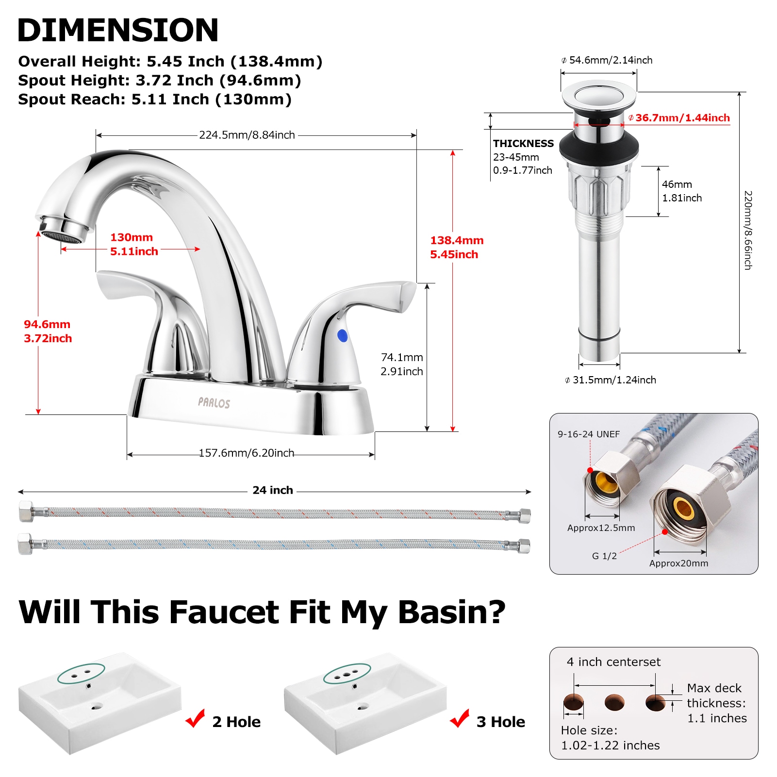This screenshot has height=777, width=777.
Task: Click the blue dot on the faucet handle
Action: coord(342,335)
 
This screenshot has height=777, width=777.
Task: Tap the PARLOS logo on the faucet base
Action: coord(214,402)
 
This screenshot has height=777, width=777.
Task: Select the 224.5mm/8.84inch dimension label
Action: coord(247,135)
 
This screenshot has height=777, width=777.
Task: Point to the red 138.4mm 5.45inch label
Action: coord(456,247)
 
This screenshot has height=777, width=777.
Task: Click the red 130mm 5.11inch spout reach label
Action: coord(134,244)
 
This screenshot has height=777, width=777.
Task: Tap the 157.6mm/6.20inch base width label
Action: coord(247,453)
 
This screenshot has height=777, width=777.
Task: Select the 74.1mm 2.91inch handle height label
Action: coord(402,364)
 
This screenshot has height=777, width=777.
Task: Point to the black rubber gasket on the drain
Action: coord(599,146)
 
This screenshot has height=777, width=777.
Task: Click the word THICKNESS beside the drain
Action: coord(523,144)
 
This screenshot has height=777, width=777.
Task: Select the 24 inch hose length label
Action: coord(273,490)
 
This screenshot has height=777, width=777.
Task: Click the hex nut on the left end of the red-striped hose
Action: coord(26,511)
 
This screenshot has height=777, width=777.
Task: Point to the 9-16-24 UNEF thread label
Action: coord(588,434)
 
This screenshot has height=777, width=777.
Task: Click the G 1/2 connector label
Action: coord(604,556)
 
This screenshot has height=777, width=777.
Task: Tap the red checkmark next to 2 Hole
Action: coord(196,719)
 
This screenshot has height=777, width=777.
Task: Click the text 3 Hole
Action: coord(500,722)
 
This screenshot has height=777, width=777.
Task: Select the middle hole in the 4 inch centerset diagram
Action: coord(614,702)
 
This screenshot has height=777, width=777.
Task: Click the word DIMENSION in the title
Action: coord(118,30)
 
